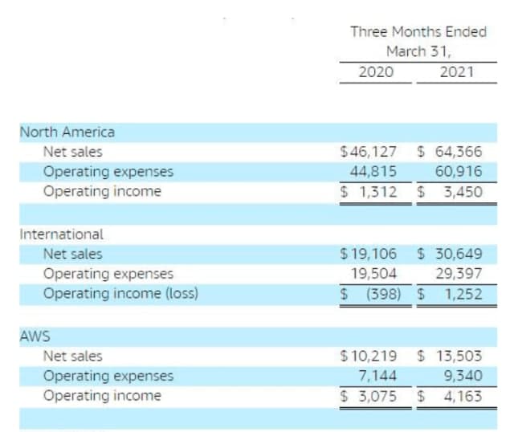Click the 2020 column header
(x=375, y=71)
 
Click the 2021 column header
(x=457, y=71)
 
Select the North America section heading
(x=67, y=131)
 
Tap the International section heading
(x=61, y=234)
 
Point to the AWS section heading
(x=34, y=336)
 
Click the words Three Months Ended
(x=418, y=32)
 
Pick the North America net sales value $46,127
(x=369, y=151)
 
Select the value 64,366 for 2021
(x=459, y=151)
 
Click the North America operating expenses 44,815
(x=373, y=170)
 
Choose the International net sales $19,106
(x=369, y=254)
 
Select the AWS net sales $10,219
(x=369, y=356)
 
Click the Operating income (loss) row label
(x=120, y=294)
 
